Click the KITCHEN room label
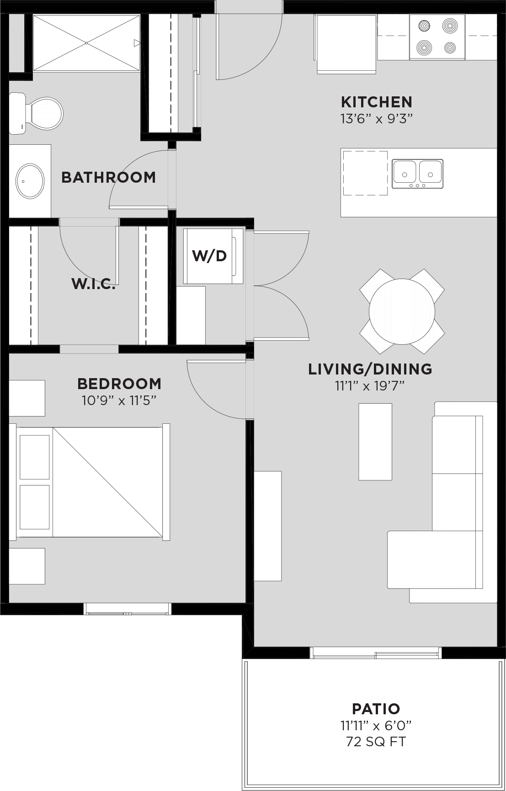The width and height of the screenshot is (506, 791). pos(377,102)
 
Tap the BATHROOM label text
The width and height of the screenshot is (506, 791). pos(109,177)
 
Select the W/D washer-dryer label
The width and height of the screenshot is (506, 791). pos(209,256)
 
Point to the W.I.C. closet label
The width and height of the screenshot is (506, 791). pos(93,284)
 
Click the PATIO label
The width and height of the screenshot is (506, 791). pos(376,709)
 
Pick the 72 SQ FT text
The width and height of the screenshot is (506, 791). pos(376,742)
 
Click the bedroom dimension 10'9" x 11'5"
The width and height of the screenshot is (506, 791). pos(119,401)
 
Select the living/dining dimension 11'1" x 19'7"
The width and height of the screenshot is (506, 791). pos(370,386)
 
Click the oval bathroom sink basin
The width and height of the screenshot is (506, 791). pos(31,181)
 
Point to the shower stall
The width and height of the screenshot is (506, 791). pos(86,43)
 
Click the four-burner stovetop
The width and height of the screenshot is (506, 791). pos(437,37)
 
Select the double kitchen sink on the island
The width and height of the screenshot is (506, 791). pos(417,174)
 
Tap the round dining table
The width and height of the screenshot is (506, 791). pos(402,311)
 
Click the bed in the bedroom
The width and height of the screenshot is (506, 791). pos(90,482)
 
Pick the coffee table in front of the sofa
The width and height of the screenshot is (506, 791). pos(375,442)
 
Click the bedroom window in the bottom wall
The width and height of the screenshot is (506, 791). pos(127,609)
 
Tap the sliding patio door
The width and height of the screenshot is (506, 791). pos(375,653)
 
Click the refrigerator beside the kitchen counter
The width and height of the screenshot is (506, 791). pos(346,44)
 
